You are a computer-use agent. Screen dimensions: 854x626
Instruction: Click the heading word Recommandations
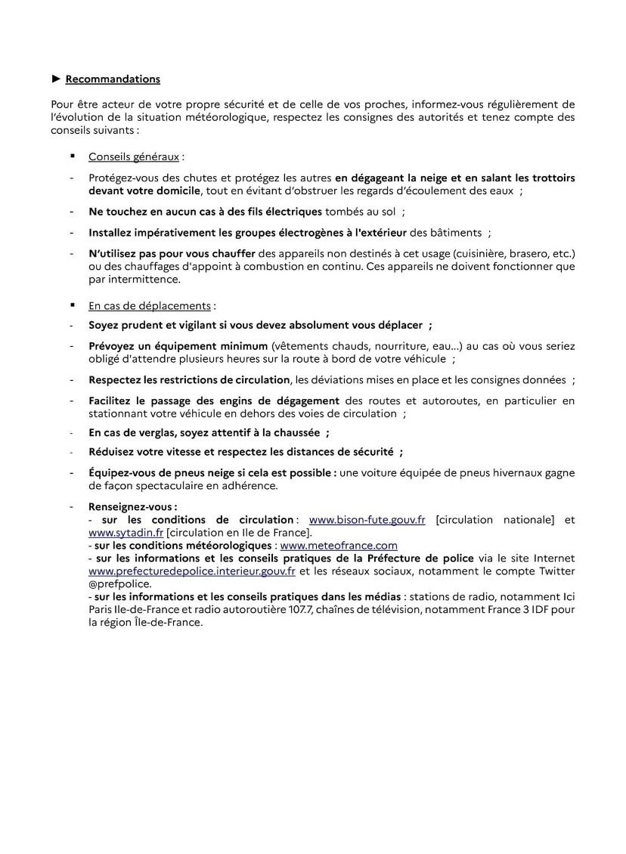point(113,79)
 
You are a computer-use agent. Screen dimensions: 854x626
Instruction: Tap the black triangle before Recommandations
point(56,79)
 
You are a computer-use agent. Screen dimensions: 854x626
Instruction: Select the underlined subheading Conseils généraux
point(134,157)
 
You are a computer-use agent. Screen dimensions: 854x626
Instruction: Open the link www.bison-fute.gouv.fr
point(367,520)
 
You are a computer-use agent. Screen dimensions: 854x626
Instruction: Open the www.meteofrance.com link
point(339,545)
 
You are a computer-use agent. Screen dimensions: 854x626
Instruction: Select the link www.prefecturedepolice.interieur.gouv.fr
point(191,571)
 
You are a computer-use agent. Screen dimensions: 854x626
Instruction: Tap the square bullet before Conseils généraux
point(73,156)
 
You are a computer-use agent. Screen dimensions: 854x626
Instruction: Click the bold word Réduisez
point(114,453)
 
